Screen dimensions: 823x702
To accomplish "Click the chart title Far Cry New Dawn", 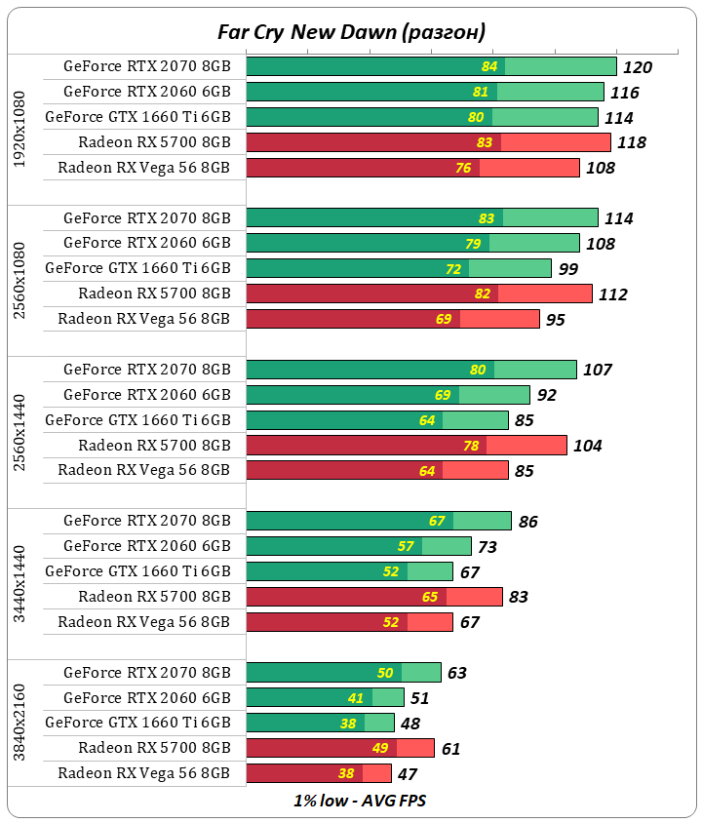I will point(351,32).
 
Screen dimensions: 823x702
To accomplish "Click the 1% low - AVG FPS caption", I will point(351,801).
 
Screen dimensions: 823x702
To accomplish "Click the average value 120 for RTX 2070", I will point(638,67).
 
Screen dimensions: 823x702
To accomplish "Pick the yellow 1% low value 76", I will point(463,168).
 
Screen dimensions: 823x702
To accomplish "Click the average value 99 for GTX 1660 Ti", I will point(567,269).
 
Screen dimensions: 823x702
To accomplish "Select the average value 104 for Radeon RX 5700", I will point(587,446).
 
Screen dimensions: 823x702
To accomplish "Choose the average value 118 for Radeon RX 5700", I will point(632,143).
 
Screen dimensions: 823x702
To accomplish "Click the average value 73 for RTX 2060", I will point(487,547).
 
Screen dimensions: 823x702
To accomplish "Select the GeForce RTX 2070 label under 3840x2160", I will point(147,672).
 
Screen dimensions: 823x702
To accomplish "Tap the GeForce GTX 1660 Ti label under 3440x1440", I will point(138,570).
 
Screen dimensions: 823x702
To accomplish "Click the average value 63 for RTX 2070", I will point(457,673).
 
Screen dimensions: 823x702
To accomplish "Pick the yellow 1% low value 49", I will point(380,749).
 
